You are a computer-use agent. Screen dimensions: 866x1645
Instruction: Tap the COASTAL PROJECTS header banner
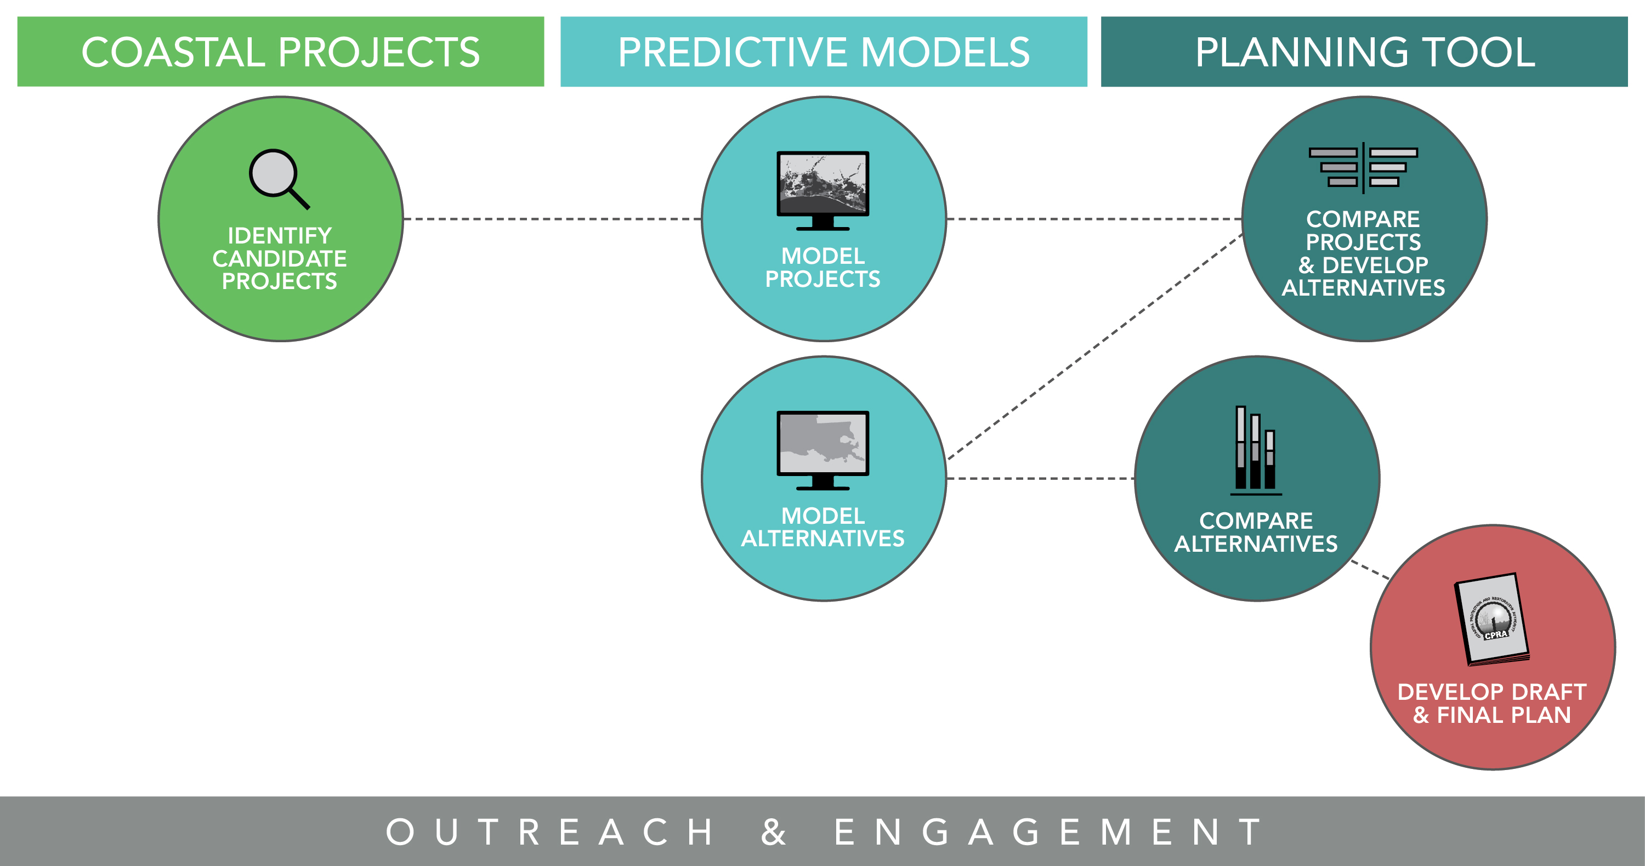280,52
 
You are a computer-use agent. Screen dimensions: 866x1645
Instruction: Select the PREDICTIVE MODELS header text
823,52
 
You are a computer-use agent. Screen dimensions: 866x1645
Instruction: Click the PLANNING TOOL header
1364,52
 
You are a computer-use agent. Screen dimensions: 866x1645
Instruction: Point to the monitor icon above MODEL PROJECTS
822,190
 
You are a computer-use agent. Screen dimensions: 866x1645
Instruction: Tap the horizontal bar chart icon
1363,167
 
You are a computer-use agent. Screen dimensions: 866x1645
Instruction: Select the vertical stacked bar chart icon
1256,450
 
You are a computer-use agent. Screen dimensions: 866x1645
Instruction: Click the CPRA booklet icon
1491,619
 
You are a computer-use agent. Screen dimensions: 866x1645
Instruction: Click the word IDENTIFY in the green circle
280,236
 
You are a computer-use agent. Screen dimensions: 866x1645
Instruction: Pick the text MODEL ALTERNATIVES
822,527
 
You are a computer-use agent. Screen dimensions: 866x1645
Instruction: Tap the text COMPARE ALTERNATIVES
1256,532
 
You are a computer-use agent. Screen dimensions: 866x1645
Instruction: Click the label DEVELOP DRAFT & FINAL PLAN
1491,703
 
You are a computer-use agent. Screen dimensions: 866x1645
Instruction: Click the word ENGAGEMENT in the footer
1047,831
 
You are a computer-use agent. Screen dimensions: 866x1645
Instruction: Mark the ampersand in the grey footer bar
773,831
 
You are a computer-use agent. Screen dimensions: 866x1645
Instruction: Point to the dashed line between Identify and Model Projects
552,219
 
